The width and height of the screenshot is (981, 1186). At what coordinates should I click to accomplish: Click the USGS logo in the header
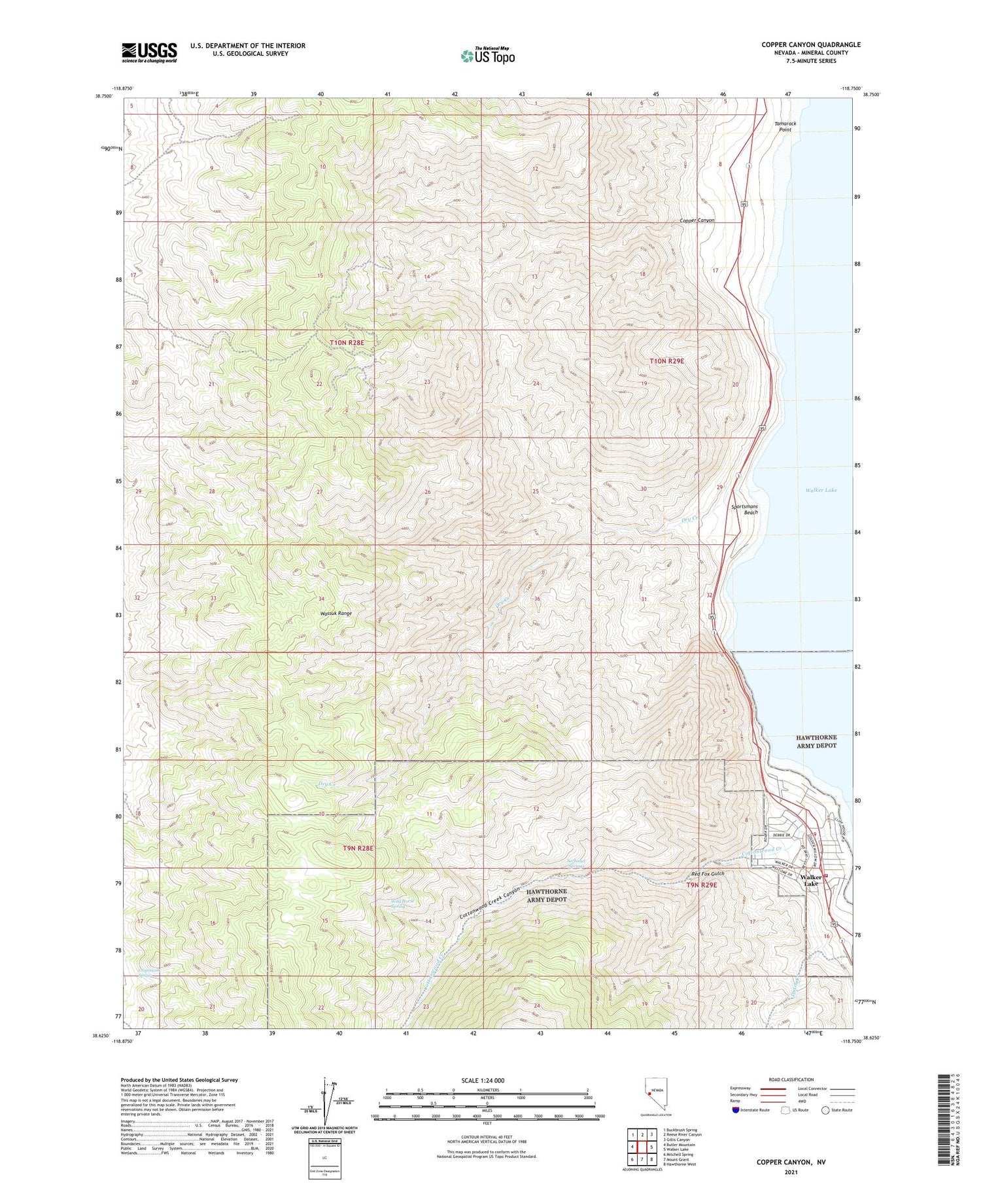[149, 52]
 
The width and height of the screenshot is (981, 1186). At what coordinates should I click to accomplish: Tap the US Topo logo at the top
[487, 56]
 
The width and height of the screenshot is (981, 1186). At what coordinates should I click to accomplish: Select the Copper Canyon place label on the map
[697, 220]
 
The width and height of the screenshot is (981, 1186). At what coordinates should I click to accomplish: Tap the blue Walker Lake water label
[821, 490]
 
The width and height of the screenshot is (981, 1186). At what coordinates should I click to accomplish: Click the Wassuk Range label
[336, 613]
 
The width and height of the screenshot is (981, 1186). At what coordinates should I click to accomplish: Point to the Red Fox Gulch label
[708, 873]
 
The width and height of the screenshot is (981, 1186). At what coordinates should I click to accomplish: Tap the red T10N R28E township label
[347, 342]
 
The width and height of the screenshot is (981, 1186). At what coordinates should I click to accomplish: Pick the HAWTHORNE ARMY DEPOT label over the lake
[816, 741]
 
